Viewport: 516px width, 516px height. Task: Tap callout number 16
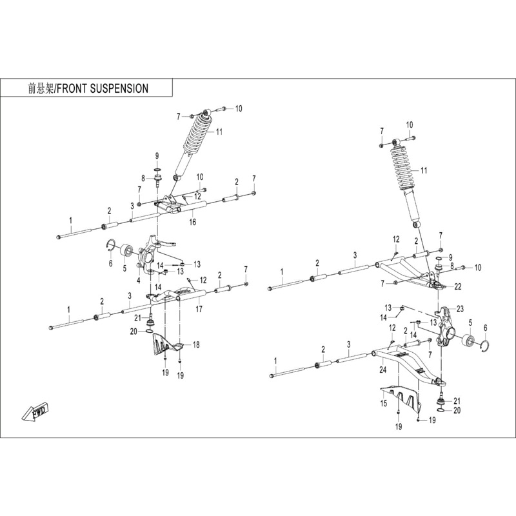(x=192, y=222)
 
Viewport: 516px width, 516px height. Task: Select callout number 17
(x=199, y=310)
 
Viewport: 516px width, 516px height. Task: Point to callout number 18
(x=197, y=345)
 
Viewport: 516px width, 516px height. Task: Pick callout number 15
(x=383, y=403)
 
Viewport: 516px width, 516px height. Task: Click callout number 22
(x=458, y=286)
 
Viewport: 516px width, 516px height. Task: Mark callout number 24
(x=382, y=370)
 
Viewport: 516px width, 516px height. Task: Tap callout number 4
(x=139, y=279)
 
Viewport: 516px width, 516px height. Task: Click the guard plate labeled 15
(x=399, y=396)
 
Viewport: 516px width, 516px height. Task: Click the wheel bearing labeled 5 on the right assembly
(x=468, y=342)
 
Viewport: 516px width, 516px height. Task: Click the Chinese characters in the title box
(x=39, y=88)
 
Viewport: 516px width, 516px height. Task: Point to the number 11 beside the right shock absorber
(x=424, y=170)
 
